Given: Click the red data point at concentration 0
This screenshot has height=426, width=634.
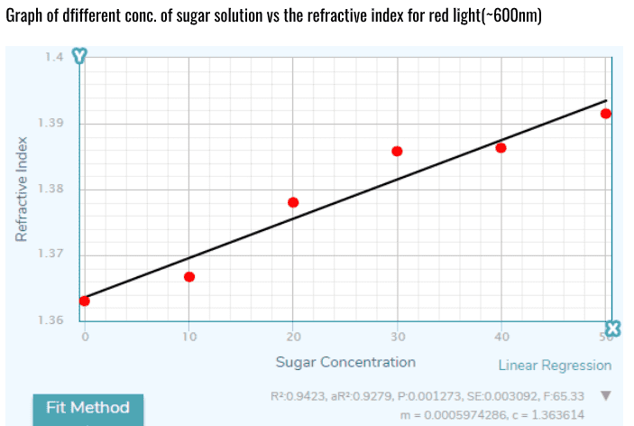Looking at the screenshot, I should click(x=85, y=301).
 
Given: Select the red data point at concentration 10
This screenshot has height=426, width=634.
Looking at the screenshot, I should click(x=189, y=276).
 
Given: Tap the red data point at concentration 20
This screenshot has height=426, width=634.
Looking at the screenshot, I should click(x=293, y=202).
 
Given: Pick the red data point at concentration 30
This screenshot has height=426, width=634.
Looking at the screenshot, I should click(x=397, y=151).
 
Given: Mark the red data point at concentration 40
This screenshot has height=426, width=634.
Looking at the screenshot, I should click(x=501, y=147).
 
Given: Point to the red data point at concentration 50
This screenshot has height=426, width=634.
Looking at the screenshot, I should click(x=606, y=114).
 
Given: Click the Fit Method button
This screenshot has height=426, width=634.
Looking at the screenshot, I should click(x=87, y=407).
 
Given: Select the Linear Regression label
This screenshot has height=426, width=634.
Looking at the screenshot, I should click(x=555, y=366).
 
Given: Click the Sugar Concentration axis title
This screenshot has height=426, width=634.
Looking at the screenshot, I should click(x=345, y=362).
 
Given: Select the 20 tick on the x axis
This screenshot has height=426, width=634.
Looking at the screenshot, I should click(x=293, y=338).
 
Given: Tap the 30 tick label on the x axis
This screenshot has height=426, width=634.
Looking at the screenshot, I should click(x=397, y=338).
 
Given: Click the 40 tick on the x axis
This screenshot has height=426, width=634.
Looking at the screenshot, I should click(x=501, y=338).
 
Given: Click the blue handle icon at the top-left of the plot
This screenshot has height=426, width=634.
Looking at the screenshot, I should click(x=81, y=56).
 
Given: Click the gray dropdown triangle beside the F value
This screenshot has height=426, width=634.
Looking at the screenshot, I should click(x=606, y=395).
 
